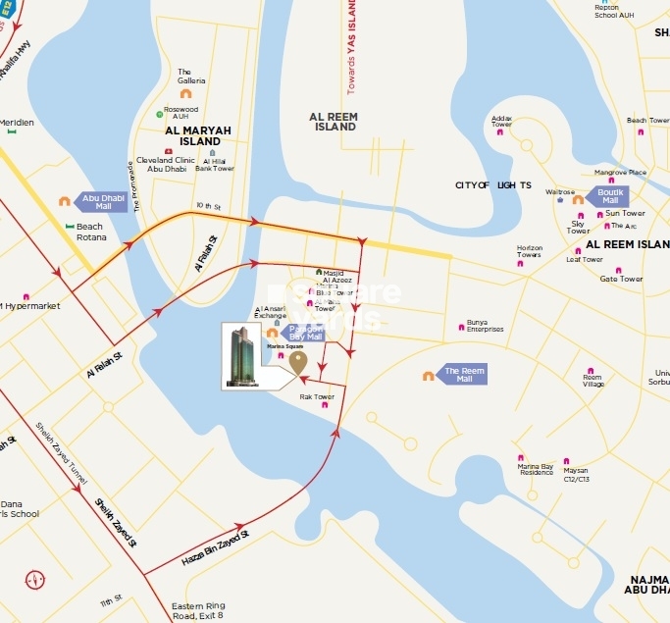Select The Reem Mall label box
463,374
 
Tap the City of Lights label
492,184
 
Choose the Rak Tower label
317,396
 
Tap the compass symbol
34,580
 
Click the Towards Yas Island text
350,47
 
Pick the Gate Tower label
621,279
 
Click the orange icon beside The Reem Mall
429,375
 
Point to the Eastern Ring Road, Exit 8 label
197,610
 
